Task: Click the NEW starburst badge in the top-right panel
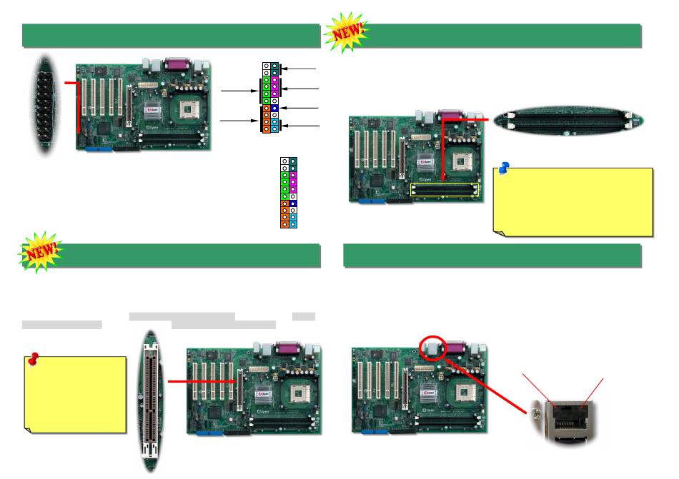(347, 32)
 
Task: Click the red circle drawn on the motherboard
(433, 348)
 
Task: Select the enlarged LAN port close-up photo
(572, 421)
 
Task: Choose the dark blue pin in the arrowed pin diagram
(274, 108)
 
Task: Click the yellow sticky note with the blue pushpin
(573, 201)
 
